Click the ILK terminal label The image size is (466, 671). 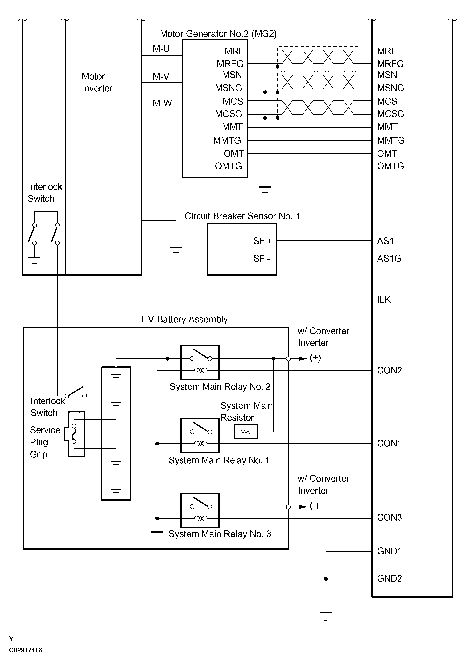384,300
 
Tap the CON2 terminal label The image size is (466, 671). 390,370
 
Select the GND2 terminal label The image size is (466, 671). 390,578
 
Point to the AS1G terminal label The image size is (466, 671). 389,259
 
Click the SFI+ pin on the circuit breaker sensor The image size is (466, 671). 263,241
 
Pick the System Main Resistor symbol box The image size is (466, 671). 246,432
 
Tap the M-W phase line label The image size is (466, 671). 162,103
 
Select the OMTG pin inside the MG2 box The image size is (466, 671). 229,166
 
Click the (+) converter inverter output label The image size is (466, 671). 315,358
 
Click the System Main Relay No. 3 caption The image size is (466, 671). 220,534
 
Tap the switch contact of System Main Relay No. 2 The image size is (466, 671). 201,355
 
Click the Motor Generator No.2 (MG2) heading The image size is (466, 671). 218,34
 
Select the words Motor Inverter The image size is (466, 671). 97,82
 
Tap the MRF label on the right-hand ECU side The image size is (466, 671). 387,51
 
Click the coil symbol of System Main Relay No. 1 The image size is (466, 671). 200,443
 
